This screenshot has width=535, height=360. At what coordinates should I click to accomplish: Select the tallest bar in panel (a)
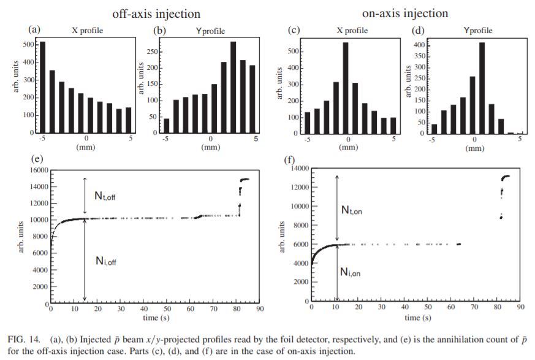(42, 86)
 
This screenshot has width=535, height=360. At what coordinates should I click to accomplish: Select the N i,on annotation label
(351, 272)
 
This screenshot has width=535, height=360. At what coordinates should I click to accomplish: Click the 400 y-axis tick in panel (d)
(420, 45)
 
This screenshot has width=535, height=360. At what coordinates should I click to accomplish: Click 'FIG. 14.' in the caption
(23, 339)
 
